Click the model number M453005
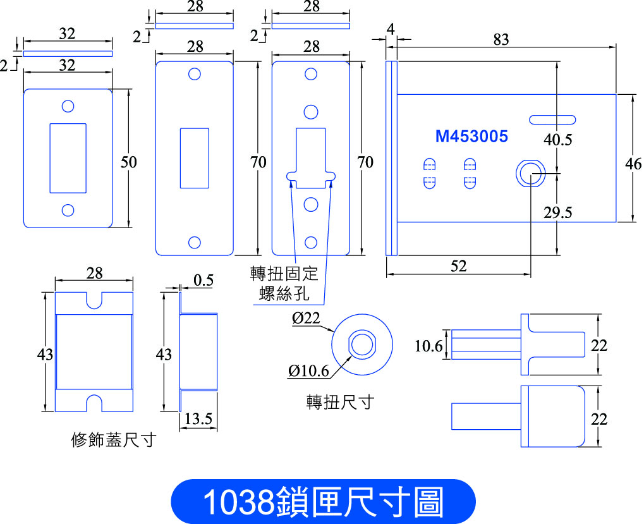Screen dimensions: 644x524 tap(471, 137)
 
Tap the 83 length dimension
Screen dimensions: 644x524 tap(501, 39)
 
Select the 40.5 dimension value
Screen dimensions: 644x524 tap(558, 140)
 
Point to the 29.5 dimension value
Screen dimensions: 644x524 tap(558, 212)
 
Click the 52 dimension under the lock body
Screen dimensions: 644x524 tap(459, 266)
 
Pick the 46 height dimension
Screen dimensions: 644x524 tap(633, 164)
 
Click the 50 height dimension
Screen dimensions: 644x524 tap(128, 162)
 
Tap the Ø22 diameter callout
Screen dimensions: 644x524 tap(306, 318)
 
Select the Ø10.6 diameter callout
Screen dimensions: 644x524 tap(309, 371)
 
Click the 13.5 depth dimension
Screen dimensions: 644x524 tap(198, 419)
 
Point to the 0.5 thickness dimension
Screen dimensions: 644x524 tap(204, 281)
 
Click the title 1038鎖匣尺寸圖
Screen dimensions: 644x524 tap(323, 501)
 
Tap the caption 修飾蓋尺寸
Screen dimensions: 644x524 tap(114, 440)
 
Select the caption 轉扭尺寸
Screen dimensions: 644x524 tap(341, 401)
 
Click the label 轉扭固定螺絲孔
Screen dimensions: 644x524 tap(284, 283)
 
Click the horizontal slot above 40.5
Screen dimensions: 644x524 tap(552, 119)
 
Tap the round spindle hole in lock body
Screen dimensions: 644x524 tap(531, 173)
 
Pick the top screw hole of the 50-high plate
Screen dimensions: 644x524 tap(68, 106)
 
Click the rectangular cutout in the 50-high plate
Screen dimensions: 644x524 tap(68, 158)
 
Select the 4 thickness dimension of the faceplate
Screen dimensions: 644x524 tap(391, 29)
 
